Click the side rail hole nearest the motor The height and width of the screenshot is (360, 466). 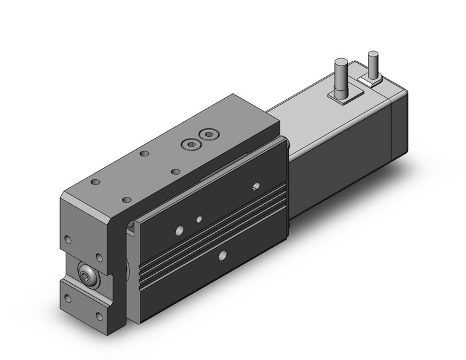(x=256, y=185)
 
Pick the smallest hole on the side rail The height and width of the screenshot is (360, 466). (x=198, y=219)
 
